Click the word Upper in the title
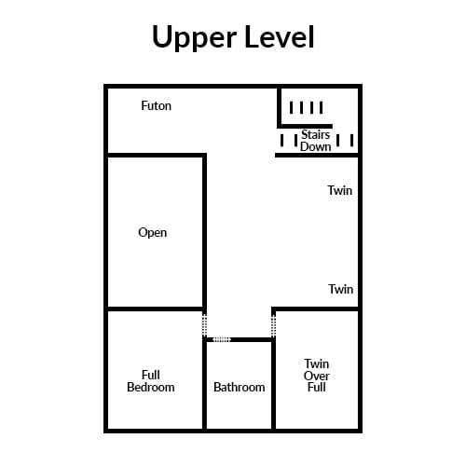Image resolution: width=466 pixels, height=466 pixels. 195,37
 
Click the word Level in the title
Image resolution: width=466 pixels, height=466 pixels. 280,36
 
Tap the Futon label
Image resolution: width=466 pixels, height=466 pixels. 156,105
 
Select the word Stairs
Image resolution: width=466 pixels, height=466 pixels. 315,134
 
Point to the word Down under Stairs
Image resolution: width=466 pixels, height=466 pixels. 315,146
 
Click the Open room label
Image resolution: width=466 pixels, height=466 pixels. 152,233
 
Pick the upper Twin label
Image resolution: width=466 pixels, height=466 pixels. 340,190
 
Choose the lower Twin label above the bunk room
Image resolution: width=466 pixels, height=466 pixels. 341,289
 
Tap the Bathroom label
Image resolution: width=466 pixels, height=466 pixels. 240,387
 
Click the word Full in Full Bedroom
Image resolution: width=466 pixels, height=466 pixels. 151,375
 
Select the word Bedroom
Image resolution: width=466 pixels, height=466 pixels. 151,387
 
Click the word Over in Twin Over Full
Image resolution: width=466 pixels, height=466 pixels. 317,376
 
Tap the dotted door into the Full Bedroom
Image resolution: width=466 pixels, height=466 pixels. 204,325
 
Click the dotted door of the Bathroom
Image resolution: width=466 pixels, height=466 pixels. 222,339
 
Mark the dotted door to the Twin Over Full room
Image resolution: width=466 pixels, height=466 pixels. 273,325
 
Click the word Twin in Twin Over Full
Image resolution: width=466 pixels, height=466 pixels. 317,363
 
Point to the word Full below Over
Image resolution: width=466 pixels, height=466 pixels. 317,388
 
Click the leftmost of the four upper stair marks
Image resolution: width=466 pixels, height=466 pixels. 291,108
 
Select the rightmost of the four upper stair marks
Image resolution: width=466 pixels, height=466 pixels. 322,108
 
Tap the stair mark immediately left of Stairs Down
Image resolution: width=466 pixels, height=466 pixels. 296,141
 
